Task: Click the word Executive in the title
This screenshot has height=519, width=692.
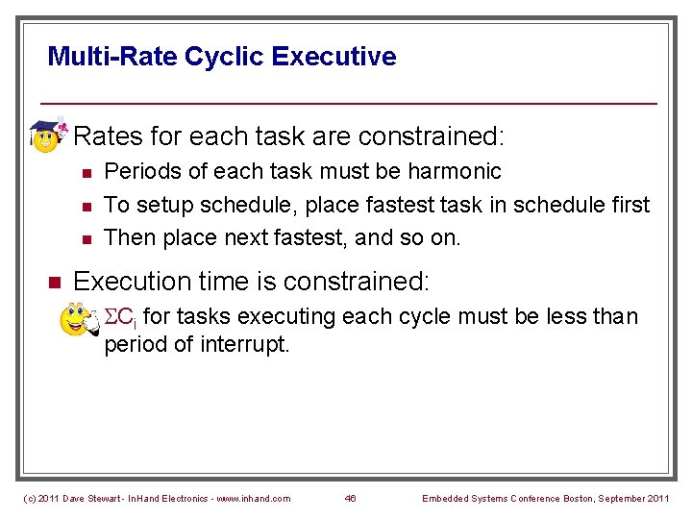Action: pyautogui.click(x=334, y=57)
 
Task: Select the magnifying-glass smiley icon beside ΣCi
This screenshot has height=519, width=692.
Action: pyautogui.click(x=77, y=319)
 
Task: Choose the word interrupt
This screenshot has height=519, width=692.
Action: pyautogui.click(x=245, y=345)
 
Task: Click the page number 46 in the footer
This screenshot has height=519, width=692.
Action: pyautogui.click(x=350, y=498)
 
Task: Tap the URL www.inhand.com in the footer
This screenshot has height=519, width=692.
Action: pyautogui.click(x=252, y=498)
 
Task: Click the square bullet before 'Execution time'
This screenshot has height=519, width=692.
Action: pyautogui.click(x=55, y=283)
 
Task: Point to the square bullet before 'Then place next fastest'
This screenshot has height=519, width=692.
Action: pyautogui.click(x=86, y=237)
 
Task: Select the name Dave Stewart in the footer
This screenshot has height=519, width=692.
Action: pyautogui.click(x=92, y=498)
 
